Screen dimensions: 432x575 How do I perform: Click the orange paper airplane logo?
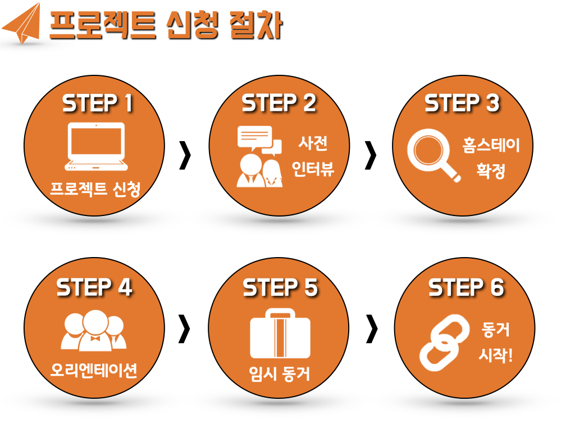click(x=22, y=24)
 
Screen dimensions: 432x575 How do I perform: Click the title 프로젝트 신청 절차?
click(x=166, y=25)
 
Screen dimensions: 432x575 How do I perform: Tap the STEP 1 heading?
click(x=97, y=104)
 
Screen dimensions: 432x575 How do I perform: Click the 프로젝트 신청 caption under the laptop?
click(x=95, y=189)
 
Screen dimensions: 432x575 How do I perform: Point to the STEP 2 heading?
click(x=279, y=104)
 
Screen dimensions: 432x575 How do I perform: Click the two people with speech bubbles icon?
click(x=259, y=156)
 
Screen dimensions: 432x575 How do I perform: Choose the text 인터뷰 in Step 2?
click(x=313, y=169)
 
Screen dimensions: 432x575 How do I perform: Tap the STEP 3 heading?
click(x=462, y=104)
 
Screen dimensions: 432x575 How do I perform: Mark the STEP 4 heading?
click(x=94, y=287)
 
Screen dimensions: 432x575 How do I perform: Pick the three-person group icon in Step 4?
click(x=94, y=330)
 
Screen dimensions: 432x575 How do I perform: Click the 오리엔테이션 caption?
click(x=94, y=370)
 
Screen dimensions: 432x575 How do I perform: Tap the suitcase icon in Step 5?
click(x=280, y=333)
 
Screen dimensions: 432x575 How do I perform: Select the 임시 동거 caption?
click(x=279, y=373)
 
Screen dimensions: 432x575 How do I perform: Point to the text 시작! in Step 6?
click(x=495, y=355)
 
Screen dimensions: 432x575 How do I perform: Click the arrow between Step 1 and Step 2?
click(x=185, y=155)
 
